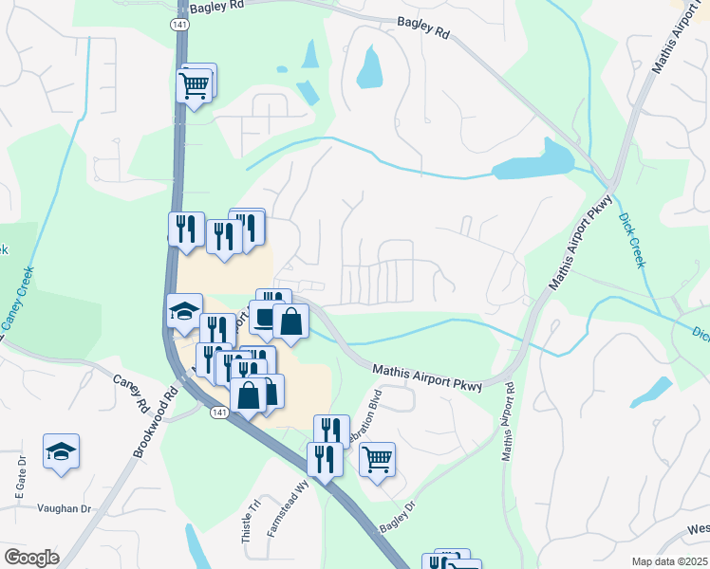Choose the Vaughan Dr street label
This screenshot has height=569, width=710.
click(x=64, y=508)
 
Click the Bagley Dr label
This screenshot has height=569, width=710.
click(x=398, y=517)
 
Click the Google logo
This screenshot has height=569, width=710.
click(x=31, y=558)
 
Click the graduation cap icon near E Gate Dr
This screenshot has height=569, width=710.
click(x=61, y=450)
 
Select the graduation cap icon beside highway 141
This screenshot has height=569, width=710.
click(x=184, y=310)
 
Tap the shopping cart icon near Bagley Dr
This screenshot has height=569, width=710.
click(x=378, y=459)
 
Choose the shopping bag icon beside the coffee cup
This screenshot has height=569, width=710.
click(x=290, y=321)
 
